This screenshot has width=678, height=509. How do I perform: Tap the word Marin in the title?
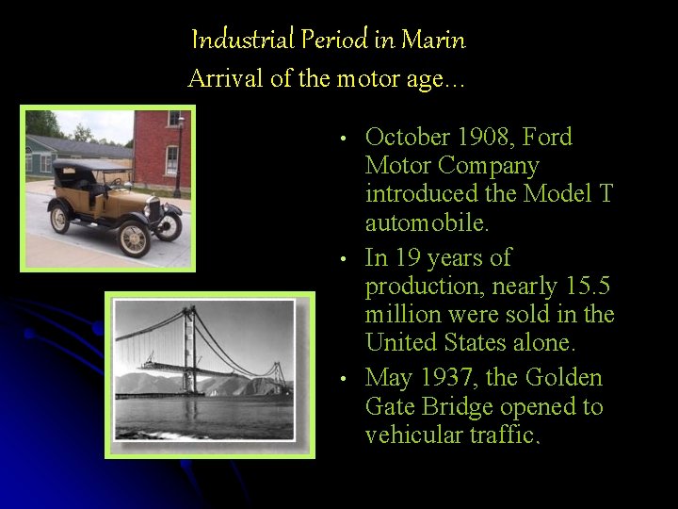(433, 41)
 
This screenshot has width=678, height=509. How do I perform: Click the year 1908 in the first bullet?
(481, 138)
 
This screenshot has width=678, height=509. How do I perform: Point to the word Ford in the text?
(548, 138)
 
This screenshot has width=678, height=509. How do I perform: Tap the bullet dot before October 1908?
(347, 140)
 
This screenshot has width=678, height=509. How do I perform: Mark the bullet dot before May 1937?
(347, 380)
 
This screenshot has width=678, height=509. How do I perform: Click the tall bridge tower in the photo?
(191, 349)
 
